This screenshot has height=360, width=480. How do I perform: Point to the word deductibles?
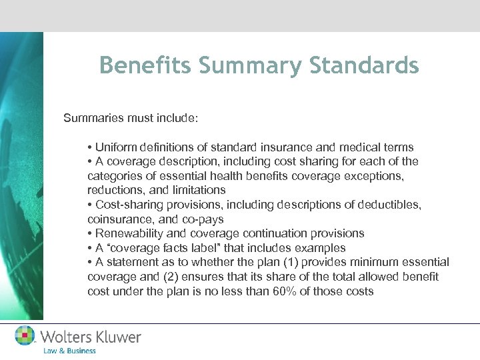(390, 205)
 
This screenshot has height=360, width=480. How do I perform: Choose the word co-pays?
(204, 219)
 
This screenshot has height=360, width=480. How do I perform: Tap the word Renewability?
(131, 233)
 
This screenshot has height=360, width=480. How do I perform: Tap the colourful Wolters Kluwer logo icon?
(25, 335)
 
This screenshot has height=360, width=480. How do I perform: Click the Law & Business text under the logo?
(69, 351)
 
